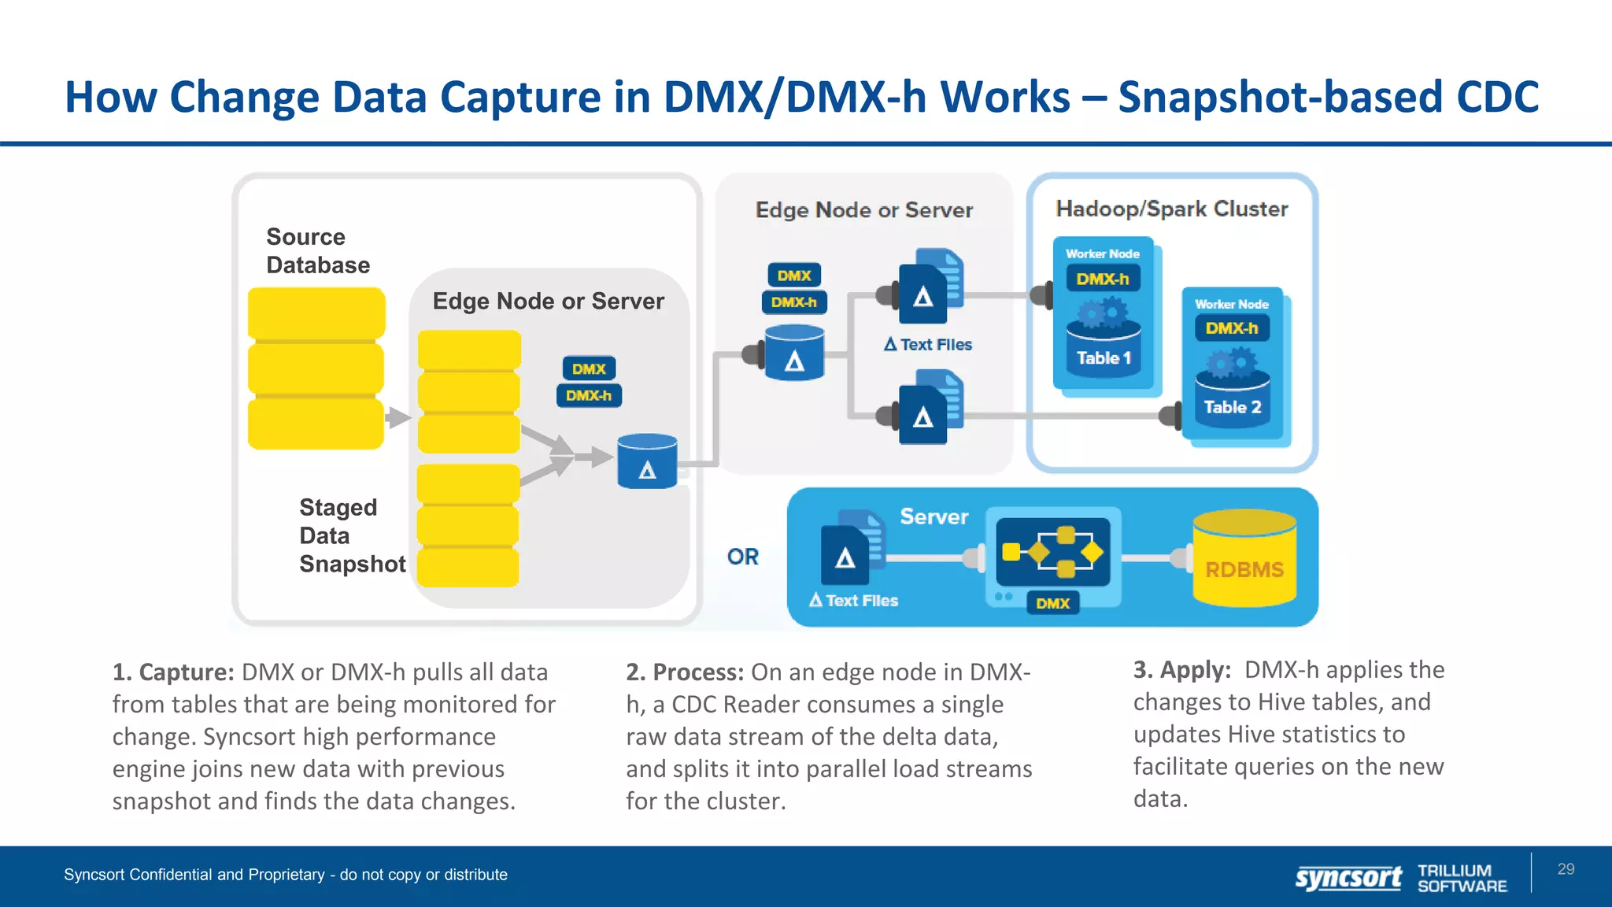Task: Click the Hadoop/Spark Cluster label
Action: point(1171,209)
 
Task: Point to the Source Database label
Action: point(317,250)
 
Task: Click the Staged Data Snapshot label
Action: point(352,535)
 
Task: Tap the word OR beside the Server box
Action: point(742,557)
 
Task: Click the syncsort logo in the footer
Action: point(1348,877)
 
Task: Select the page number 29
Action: point(1566,869)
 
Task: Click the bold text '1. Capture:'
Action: point(173,672)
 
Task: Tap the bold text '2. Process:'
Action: point(684,672)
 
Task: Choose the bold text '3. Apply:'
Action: point(1181,669)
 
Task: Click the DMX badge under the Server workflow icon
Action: point(1052,603)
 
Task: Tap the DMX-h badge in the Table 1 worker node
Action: point(1102,279)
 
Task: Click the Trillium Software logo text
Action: point(1462,878)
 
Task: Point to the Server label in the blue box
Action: point(934,516)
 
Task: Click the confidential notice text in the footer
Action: point(285,875)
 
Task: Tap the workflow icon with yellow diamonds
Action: point(1052,551)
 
